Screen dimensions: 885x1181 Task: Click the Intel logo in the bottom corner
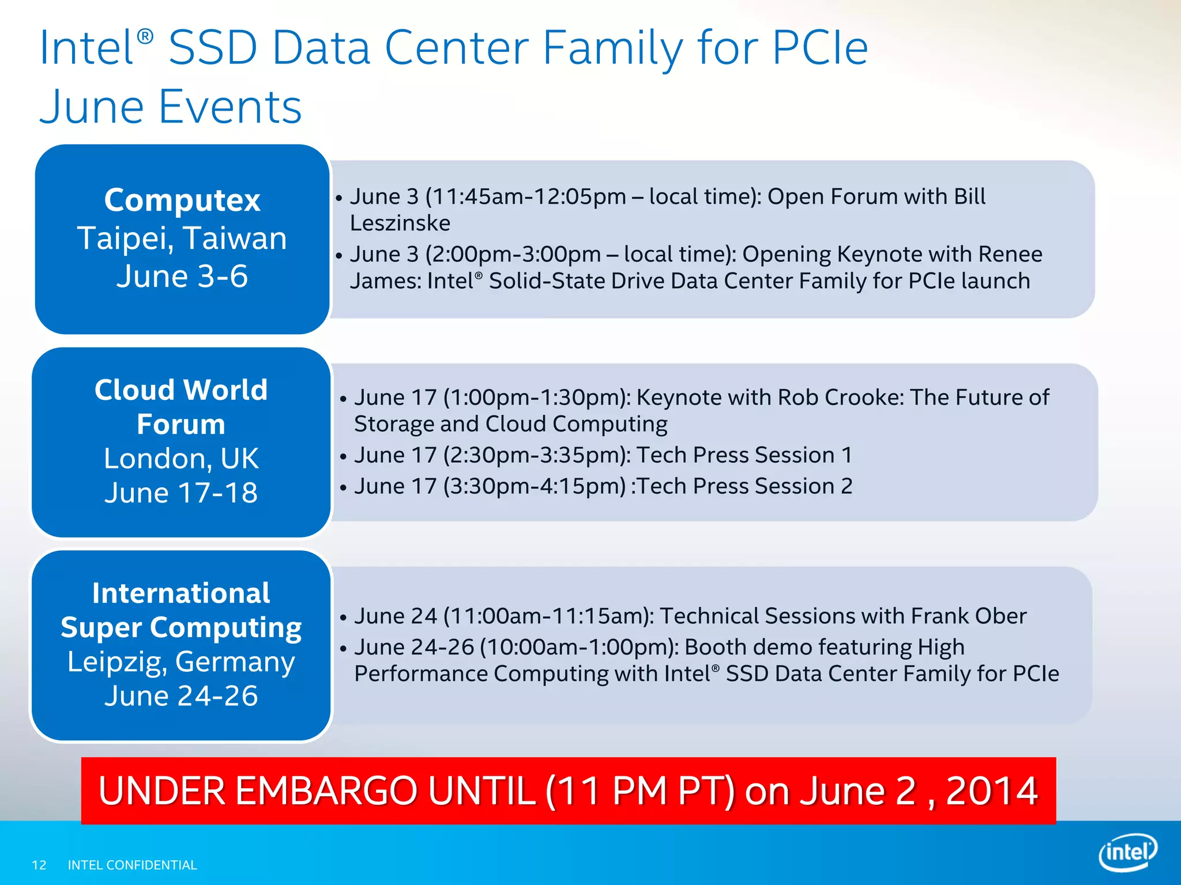coord(1128,852)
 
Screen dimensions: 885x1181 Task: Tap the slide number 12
coord(39,865)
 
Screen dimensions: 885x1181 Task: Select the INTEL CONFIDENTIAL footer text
coord(132,865)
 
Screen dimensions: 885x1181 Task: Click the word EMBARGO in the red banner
coord(326,791)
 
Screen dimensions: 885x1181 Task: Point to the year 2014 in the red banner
coord(991,791)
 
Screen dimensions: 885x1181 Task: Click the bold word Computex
coord(182,201)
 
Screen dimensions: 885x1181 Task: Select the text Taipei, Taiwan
coord(182,239)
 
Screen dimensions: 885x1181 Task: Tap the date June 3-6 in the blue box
coord(182,277)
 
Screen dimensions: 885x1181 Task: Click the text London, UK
coord(181,459)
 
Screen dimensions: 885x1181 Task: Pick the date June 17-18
coord(181,493)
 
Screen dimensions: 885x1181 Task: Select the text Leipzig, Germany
coord(181,661)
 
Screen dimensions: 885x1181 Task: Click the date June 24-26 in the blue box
coord(181,696)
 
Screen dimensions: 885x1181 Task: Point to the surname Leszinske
coord(400,224)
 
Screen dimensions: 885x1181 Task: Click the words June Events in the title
coord(171,107)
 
